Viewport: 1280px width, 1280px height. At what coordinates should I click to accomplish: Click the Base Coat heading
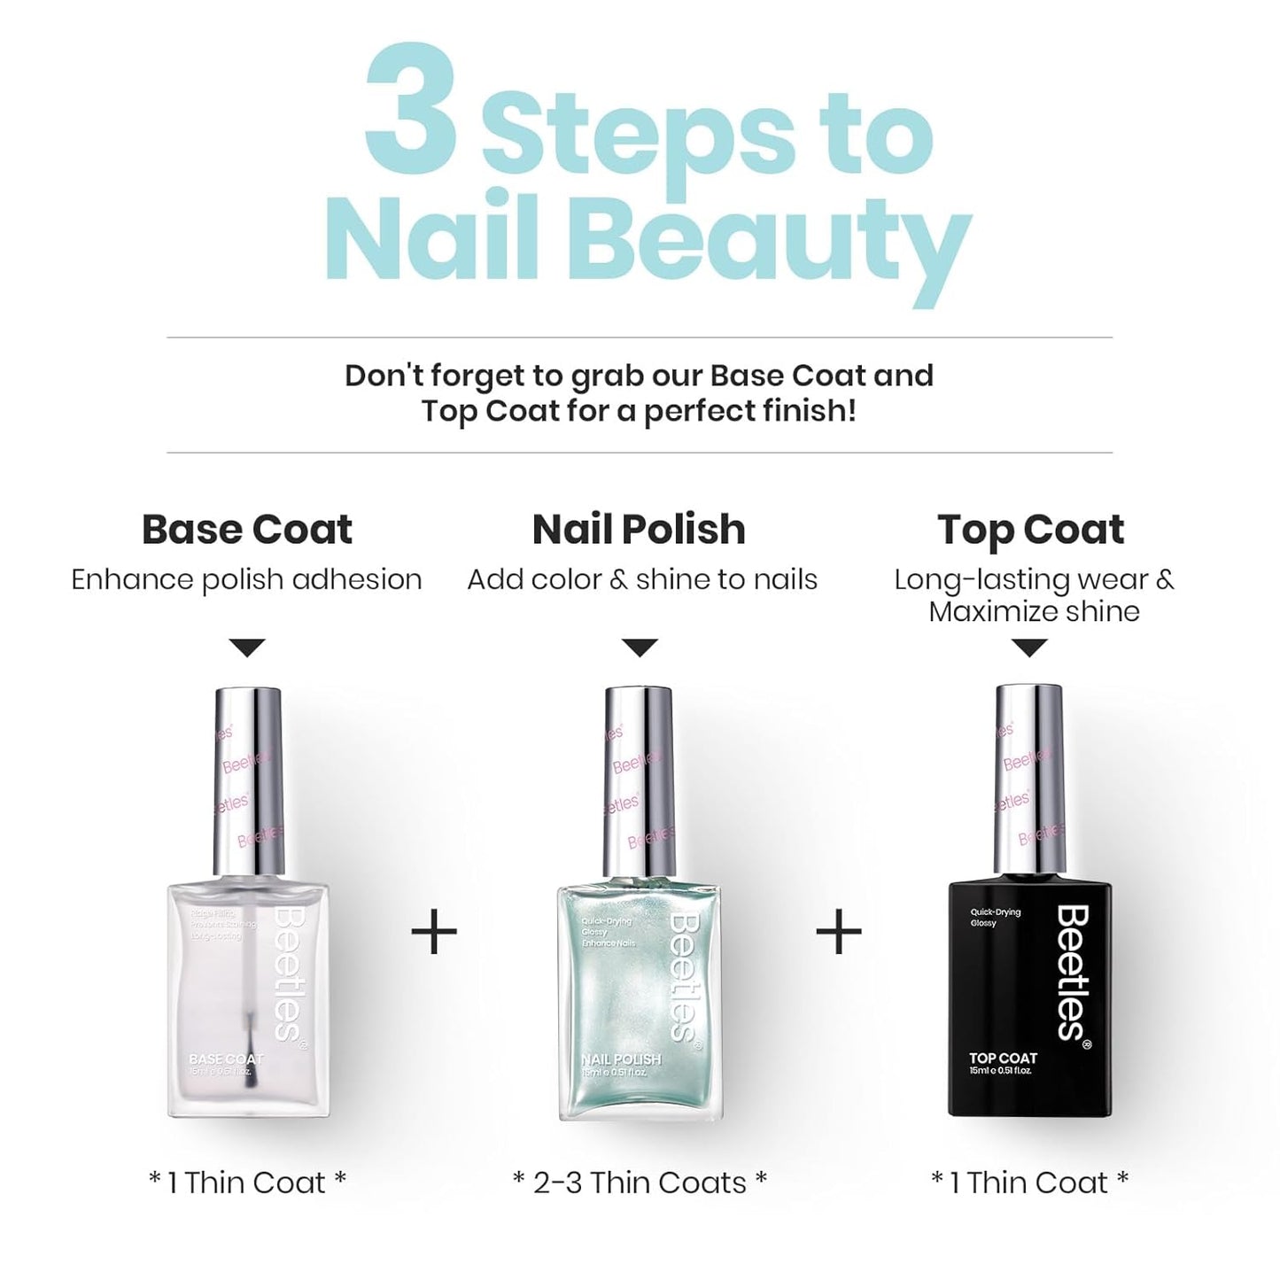click(x=246, y=530)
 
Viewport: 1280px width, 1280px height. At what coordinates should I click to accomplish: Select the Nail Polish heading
click(x=639, y=530)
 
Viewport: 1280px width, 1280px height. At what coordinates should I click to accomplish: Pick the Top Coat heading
click(x=1030, y=530)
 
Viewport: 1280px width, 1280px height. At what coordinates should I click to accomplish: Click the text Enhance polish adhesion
click(x=246, y=579)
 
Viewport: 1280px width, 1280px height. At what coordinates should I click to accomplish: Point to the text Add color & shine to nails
click(x=642, y=579)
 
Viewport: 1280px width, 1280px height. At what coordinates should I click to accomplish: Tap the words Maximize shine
click(x=1034, y=611)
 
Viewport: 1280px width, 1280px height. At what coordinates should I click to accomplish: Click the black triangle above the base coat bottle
click(x=246, y=648)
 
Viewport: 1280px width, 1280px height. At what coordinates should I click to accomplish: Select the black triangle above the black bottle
click(x=1028, y=648)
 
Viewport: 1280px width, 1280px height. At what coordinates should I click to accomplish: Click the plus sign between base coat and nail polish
click(x=434, y=932)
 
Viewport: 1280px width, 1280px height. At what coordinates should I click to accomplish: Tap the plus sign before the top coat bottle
click(x=838, y=932)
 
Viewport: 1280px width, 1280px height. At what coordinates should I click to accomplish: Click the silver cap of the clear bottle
click(x=249, y=780)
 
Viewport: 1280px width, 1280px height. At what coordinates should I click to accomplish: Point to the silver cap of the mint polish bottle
click(x=640, y=780)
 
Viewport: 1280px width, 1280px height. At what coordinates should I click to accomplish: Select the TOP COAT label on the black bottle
click(x=1003, y=1058)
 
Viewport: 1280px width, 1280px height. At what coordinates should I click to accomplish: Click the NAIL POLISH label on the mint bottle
click(x=621, y=1059)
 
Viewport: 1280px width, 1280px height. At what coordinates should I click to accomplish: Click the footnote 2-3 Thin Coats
click(x=640, y=1183)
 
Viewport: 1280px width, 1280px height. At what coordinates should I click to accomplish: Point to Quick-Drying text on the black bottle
click(x=996, y=912)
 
